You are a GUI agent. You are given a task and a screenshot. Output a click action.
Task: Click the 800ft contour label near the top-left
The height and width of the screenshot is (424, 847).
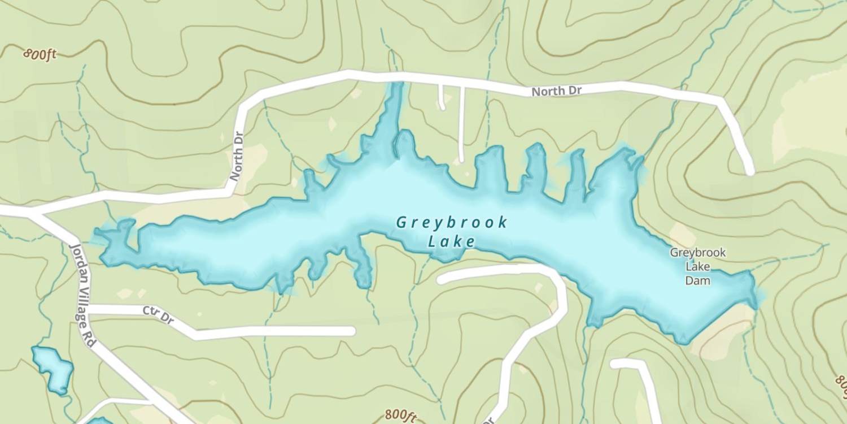click(x=41, y=55)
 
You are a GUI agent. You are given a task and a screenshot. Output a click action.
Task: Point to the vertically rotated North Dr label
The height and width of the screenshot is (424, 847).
click(x=236, y=157)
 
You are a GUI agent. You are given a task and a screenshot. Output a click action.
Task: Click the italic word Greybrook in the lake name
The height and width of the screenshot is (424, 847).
click(x=452, y=222)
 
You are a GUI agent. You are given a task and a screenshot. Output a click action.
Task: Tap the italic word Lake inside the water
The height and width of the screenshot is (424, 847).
click(x=451, y=242)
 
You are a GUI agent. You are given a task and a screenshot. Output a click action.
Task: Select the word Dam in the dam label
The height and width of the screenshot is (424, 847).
click(x=697, y=280)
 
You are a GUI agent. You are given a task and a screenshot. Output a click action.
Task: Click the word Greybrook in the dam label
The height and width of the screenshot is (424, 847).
click(x=697, y=253)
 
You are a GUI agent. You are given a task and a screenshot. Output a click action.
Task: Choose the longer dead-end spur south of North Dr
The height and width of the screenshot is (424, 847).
click(x=461, y=124)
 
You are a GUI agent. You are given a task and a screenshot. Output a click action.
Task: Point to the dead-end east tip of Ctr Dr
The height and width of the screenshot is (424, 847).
click(x=351, y=331)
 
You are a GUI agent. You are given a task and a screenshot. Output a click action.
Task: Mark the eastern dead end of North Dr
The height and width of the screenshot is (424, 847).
click(x=749, y=171)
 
